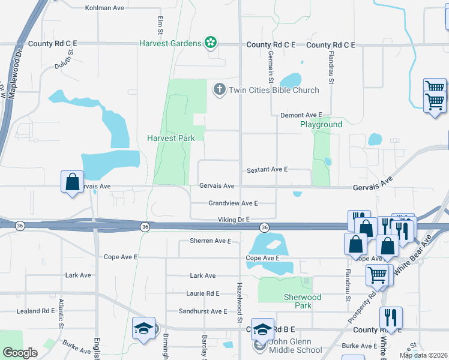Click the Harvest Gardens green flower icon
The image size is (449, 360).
210,43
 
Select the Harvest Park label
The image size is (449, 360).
171,138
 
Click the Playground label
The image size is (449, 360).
321,125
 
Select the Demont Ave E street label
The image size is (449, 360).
301,115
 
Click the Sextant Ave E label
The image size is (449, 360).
267,170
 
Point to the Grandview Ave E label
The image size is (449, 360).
233,203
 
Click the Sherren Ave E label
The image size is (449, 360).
210,241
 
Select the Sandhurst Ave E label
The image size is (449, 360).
203,311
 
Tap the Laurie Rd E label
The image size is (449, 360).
203,293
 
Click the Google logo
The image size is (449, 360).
20,353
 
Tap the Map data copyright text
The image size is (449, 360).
423,355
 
